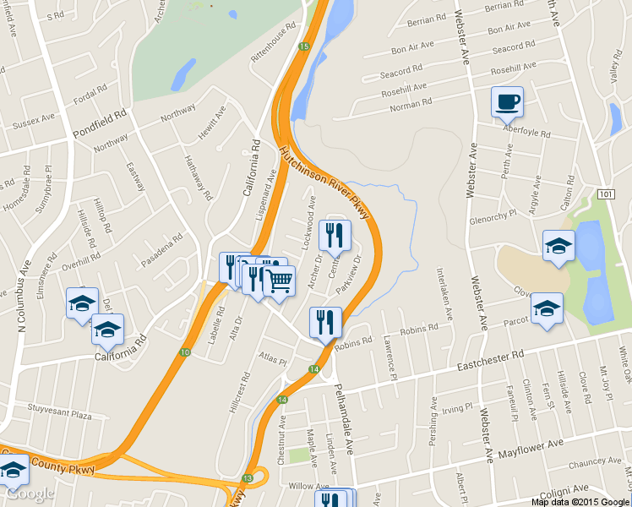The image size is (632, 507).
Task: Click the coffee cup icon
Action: [507, 102]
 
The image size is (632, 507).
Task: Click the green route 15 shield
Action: [302, 46]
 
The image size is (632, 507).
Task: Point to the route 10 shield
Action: [184, 352]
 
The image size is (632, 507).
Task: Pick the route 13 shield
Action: [247, 478]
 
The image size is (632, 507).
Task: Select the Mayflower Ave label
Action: [530, 449]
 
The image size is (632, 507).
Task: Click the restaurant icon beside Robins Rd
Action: [325, 322]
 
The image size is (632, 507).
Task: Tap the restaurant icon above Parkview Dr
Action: [336, 236]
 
